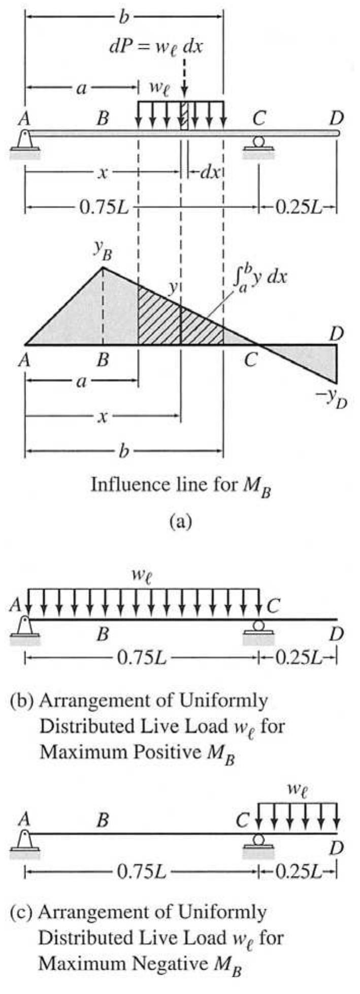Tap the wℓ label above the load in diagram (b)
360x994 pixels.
pos(142,576)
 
